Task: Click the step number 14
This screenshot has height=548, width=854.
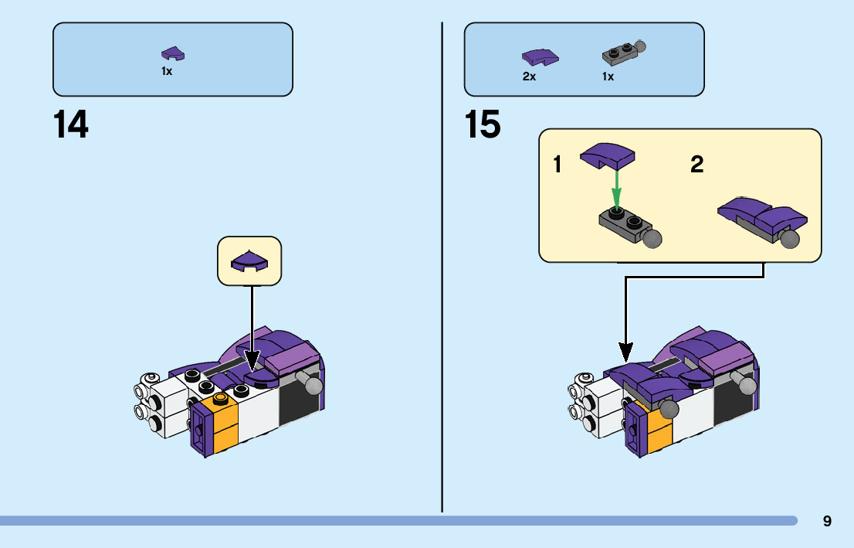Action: coord(70,124)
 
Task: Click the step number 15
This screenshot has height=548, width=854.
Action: coord(483,124)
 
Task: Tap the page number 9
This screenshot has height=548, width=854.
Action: coord(827,521)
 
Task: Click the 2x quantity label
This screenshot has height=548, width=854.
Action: coord(529,77)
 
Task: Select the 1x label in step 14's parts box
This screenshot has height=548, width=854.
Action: coord(167,71)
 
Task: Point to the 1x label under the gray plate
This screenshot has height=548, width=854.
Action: coord(608,77)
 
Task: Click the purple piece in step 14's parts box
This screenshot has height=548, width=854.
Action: coord(173,53)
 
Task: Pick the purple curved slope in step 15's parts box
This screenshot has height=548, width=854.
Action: coord(540,56)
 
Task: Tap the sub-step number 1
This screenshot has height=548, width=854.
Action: coord(557,165)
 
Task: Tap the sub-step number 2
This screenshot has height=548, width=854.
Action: coord(696,165)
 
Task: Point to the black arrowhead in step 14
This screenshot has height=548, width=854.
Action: coord(252,359)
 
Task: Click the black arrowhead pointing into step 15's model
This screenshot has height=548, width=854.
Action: coord(625,353)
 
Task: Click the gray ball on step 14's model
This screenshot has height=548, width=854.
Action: coord(312,385)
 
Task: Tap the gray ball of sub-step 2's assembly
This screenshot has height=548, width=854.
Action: coord(789,240)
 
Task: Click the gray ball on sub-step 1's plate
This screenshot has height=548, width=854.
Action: coord(653,237)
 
